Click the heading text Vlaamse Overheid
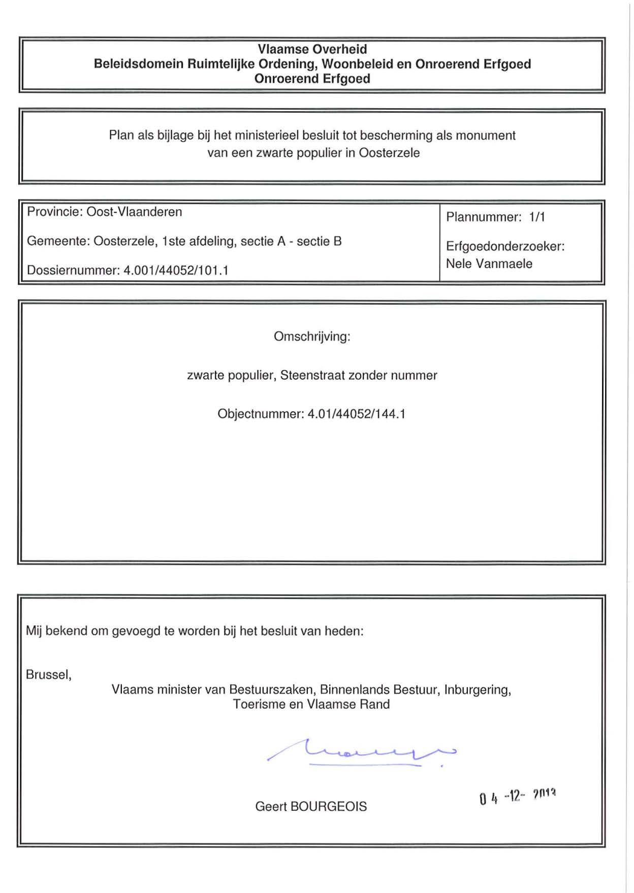coord(312,49)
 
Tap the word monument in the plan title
coord(486,136)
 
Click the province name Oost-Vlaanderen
coord(134,212)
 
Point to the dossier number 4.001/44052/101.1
coord(176,270)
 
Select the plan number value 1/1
coord(537,217)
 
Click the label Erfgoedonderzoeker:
coord(505,246)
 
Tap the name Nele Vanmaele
coord(489,263)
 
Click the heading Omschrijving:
coord(312,337)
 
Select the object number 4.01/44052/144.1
coord(357,414)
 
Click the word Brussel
coord(48,675)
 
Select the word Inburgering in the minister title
coord(477,689)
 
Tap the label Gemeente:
coord(58,241)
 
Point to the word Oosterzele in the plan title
coord(389,153)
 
